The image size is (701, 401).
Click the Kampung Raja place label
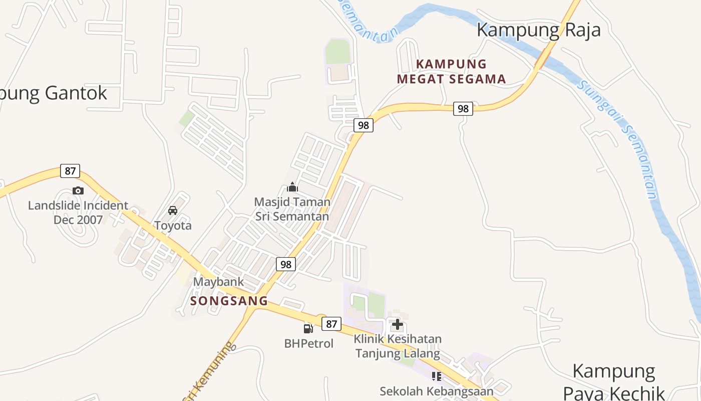pos(538,30)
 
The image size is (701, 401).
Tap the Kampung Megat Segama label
pos(451,71)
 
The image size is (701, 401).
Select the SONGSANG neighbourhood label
pos(229,301)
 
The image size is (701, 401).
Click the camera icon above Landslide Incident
pos(78,190)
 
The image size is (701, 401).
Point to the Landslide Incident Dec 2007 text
pos(78,213)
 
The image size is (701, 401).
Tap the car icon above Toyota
pos(173,211)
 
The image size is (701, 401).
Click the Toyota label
pos(173,226)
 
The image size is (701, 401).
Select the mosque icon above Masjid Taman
pos(292,187)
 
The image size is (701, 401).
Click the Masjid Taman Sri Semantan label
pos(292,209)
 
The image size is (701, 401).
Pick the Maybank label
pos(219,282)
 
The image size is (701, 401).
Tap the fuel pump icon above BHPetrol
pos(308,329)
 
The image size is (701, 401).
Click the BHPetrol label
pos(308,344)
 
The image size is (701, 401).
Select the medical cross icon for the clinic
pos(398,324)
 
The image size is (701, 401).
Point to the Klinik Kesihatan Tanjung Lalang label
pos(398,346)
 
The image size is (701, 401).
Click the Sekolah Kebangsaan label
pos(436,391)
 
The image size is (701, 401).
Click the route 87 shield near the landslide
pos(70,171)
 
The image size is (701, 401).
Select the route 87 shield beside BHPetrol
pos(331,324)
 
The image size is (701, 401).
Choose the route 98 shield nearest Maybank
pos(286,264)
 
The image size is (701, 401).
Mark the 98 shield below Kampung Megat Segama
pos(463,108)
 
